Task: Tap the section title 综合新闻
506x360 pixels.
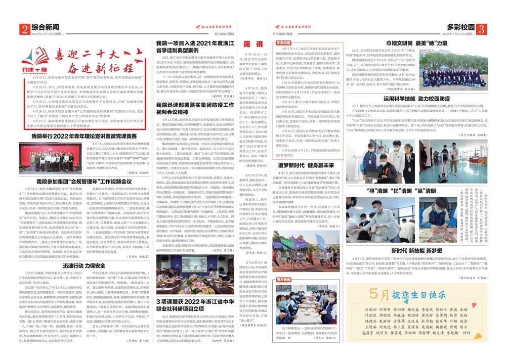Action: pyautogui.click(x=45, y=26)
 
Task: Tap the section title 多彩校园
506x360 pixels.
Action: pyautogui.click(x=460, y=26)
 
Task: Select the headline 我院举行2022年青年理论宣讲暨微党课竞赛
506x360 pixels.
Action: pyautogui.click(x=83, y=137)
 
